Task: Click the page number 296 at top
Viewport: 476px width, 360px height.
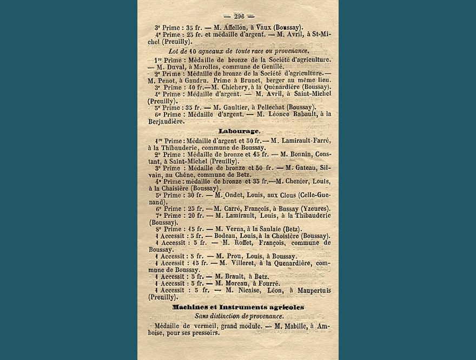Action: click(239, 16)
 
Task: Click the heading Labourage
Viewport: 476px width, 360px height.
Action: click(239, 131)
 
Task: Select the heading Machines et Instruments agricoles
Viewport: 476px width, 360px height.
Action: click(238, 307)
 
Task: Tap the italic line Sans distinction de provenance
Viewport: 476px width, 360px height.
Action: click(239, 316)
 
